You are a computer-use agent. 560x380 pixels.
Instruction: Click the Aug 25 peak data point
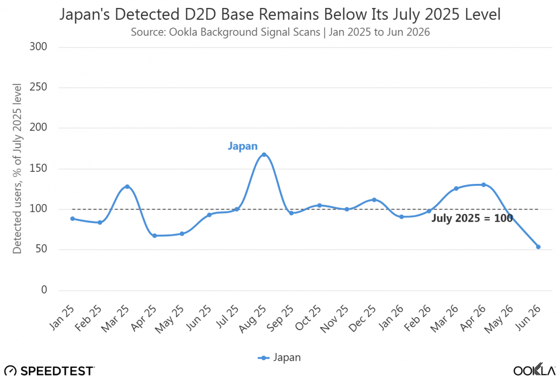pos(264,155)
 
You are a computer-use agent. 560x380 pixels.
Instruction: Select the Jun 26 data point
pos(538,247)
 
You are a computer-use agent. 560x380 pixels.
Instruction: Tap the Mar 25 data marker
pos(127,187)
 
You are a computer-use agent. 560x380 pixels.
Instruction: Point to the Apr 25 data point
pos(154,236)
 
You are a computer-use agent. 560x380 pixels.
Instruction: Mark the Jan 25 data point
pos(72,218)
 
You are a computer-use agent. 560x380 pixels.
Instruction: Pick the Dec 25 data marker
pos(374,200)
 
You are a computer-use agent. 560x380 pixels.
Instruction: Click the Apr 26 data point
pos(483,185)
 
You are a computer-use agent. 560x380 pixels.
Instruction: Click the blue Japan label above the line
pos(243,146)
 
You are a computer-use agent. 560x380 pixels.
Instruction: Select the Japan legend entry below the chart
pos(279,358)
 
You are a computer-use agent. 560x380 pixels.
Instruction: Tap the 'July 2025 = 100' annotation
pos(472,218)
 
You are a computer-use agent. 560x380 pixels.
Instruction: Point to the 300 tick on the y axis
pos(38,47)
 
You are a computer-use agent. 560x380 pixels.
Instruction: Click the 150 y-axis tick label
pos(38,169)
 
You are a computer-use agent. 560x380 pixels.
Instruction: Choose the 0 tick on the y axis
pos(44,290)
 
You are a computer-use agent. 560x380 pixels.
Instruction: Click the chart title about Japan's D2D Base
pos(280,14)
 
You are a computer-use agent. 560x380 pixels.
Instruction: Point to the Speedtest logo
pos(49,371)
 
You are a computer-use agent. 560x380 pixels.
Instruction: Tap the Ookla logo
pos(534,369)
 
